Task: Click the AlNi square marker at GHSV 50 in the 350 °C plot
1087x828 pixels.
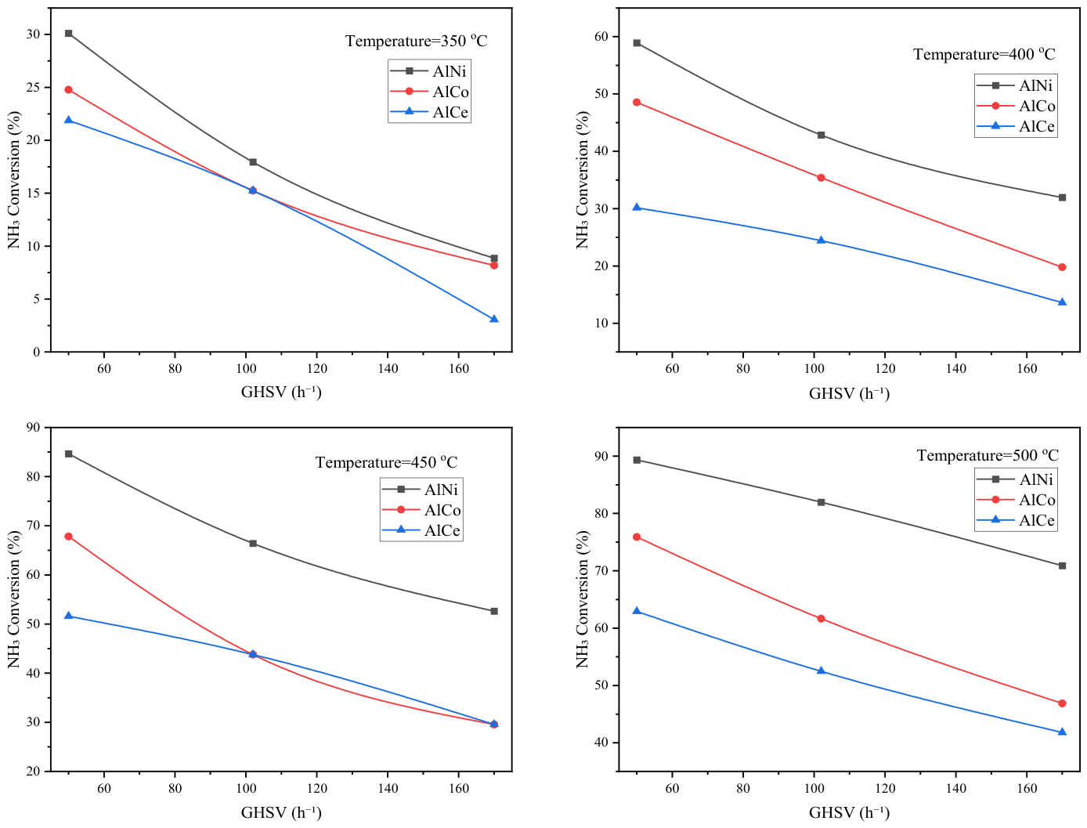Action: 68,33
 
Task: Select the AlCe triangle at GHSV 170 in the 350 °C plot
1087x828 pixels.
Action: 493,319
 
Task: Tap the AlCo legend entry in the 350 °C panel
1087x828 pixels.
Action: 429,92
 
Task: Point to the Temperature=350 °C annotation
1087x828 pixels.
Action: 416,41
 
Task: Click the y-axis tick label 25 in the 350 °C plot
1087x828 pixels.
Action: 33,87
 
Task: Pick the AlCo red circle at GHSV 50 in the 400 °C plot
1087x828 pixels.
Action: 637,103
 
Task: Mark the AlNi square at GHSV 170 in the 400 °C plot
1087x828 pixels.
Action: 1062,197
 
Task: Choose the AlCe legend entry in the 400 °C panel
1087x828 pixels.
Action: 1016,126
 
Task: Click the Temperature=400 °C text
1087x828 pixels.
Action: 984,54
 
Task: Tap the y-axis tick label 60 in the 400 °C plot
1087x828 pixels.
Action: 601,37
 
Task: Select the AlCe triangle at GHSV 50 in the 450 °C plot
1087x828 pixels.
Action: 68,616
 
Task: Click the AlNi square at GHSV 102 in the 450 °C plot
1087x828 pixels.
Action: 253,543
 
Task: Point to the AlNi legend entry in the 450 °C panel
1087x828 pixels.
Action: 421,490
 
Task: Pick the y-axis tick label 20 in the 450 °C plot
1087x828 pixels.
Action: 33,771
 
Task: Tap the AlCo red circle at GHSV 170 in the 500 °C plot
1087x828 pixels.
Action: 1062,703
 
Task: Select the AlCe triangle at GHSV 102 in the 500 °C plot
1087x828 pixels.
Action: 821,671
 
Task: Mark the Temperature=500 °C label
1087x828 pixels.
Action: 988,455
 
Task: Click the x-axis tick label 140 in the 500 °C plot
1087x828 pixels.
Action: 955,788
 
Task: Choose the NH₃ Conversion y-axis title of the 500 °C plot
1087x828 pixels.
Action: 583,599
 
